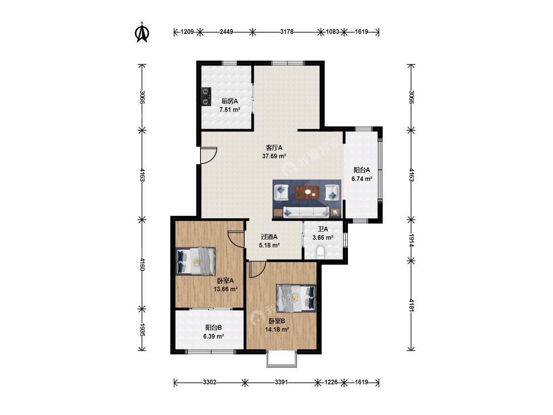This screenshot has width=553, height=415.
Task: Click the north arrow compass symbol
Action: point(143,32)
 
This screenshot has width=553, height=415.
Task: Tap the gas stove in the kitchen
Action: point(206,97)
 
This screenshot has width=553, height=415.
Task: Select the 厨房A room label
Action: point(230,101)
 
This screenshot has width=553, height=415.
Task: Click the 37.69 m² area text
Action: point(274,156)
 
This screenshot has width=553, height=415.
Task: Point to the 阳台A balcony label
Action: point(362,170)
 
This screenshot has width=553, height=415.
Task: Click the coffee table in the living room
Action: point(307,193)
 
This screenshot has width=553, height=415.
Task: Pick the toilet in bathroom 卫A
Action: point(320,253)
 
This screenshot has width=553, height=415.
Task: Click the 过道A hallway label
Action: point(269,237)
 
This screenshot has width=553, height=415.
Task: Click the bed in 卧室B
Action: point(295,298)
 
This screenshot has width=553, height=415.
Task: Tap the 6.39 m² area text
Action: point(214,336)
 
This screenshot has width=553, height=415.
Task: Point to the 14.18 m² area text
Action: point(277,329)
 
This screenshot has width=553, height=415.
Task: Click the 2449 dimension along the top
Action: point(226,32)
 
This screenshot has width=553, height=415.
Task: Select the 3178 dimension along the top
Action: point(287,32)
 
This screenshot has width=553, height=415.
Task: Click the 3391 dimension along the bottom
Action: point(281,382)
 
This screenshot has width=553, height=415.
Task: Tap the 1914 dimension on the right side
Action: point(411,240)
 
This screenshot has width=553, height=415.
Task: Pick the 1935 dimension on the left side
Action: point(142,329)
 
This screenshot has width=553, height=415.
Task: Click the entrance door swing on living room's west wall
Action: point(208,155)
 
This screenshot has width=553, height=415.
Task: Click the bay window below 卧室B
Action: point(282,359)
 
